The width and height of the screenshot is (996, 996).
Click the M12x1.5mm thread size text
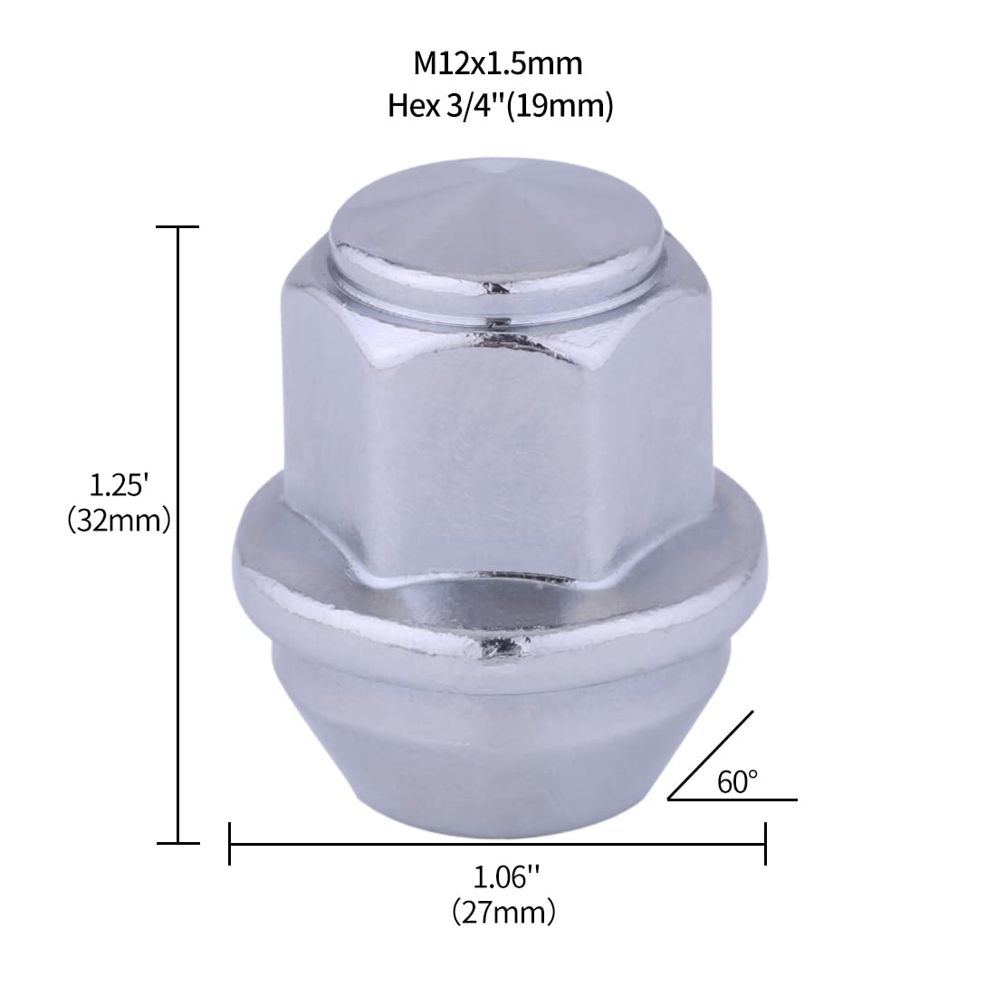(497, 64)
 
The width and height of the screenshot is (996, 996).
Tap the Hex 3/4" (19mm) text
(501, 107)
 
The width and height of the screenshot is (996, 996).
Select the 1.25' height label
(119, 485)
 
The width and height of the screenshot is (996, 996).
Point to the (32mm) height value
(119, 522)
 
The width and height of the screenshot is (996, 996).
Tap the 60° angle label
(738, 781)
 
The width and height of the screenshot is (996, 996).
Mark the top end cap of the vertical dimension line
(177, 227)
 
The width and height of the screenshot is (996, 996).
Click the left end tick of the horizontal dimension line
(230, 843)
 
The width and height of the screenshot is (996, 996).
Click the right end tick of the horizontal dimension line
(766, 843)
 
